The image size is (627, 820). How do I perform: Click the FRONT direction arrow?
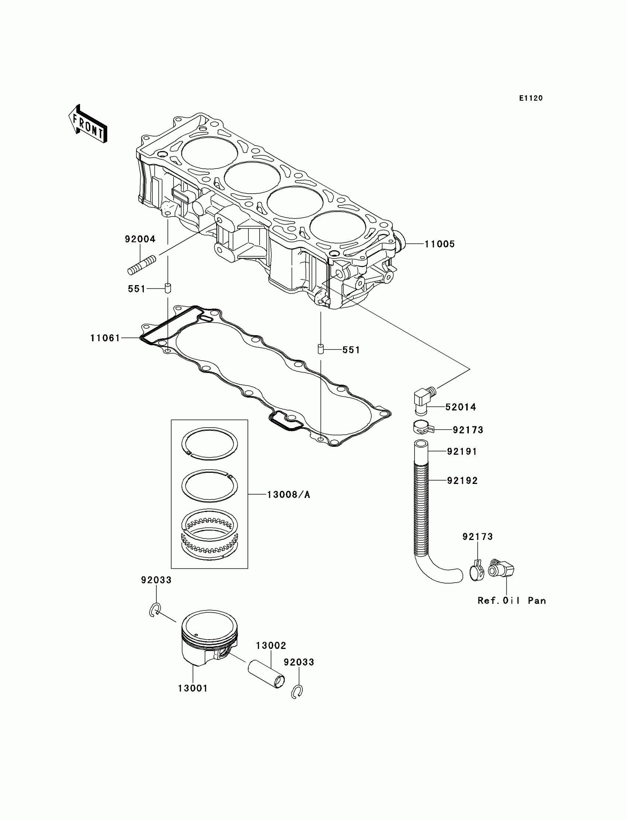(x=88, y=124)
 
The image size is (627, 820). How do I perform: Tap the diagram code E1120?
(x=531, y=98)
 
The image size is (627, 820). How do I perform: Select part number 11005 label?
(x=440, y=244)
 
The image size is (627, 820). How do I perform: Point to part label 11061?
(x=105, y=338)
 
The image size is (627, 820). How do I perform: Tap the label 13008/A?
(x=288, y=495)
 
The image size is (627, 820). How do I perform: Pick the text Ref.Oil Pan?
(x=512, y=601)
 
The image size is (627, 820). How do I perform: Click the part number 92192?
(x=463, y=481)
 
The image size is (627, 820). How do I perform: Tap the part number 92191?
(x=462, y=451)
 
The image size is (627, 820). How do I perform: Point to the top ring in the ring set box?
(x=209, y=444)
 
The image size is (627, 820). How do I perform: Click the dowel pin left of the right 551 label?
(x=320, y=349)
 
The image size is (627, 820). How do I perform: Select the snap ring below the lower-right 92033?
(x=297, y=691)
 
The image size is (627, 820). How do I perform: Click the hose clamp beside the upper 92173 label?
(x=423, y=429)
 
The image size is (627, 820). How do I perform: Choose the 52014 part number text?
(x=461, y=407)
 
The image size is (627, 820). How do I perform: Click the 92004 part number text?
(x=140, y=239)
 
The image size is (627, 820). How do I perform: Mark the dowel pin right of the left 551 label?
(x=168, y=288)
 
